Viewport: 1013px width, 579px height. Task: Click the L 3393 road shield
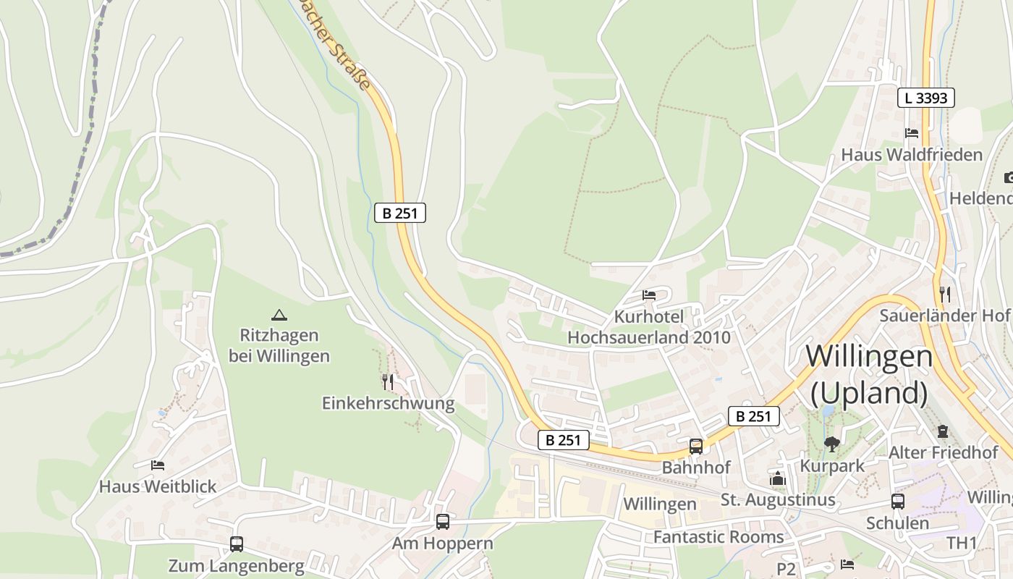(926, 98)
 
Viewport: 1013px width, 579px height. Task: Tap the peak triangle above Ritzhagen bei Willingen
(279, 315)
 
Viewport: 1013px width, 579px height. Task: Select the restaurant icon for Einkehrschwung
(388, 381)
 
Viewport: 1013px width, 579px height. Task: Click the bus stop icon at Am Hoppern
(442, 521)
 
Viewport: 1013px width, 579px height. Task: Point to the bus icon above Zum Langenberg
(236, 544)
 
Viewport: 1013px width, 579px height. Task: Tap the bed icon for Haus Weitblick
(158, 465)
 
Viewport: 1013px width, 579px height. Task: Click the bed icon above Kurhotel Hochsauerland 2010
(649, 295)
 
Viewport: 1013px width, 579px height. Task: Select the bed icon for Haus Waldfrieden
(912, 133)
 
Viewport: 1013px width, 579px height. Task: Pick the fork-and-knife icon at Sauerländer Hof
(944, 294)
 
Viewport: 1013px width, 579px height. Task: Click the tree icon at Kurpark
(832, 444)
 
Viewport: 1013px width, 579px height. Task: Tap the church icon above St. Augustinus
(778, 478)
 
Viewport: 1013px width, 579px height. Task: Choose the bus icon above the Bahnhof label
(696, 446)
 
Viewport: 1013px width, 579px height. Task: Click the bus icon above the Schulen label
(898, 501)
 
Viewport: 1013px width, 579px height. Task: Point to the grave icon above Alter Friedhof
(943, 431)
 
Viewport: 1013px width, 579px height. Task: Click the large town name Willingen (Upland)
(869, 374)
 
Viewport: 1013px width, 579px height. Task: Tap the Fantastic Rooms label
(719, 537)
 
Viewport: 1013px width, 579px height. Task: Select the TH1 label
(962, 543)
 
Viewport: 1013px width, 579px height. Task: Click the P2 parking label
(787, 569)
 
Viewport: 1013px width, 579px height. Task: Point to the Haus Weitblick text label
(158, 486)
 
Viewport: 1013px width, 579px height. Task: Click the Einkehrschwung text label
(388, 403)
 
